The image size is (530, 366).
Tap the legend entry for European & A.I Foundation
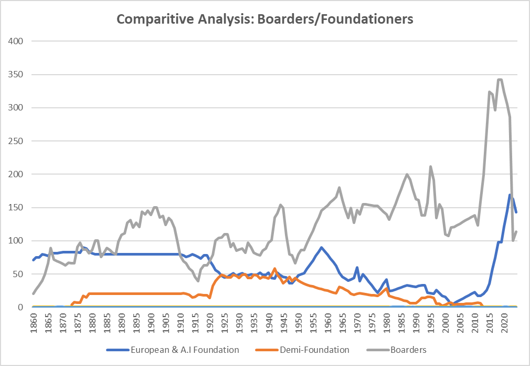pos(187,349)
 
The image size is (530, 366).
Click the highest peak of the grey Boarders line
pos(499,79)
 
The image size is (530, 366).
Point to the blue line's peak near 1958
pos(321,247)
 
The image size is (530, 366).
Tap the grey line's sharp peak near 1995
pos(430,167)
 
